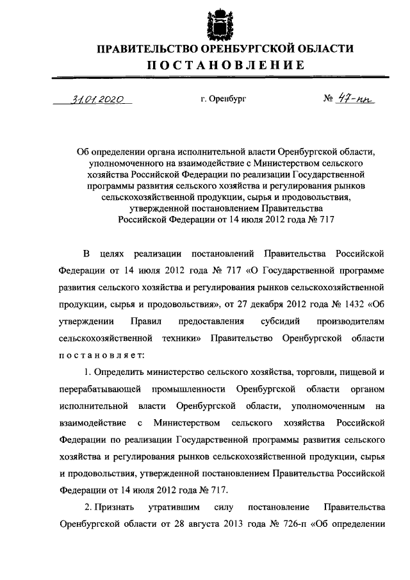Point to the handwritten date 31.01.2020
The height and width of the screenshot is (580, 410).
(98, 99)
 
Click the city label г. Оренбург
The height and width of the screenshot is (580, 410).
(223, 100)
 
